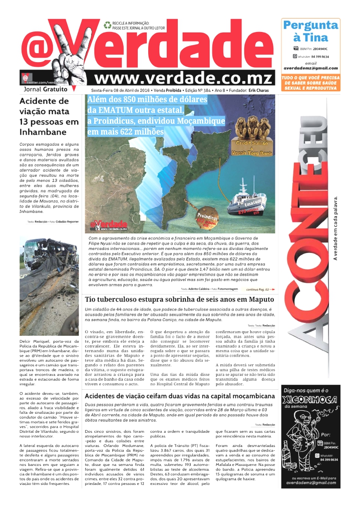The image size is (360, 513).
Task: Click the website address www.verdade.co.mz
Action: point(184,78)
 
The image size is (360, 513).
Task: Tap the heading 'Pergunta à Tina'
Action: point(310,31)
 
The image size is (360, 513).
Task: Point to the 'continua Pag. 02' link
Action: point(260,290)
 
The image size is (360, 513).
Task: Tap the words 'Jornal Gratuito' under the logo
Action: point(45,89)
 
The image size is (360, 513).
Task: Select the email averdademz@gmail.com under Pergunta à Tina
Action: point(310,68)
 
